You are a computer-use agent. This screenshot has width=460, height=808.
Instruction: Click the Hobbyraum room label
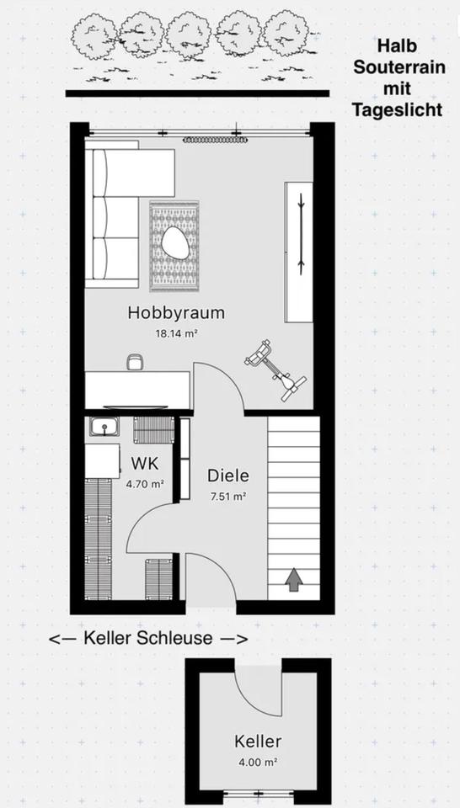176,313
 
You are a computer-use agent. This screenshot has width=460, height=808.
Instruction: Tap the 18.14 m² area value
177,333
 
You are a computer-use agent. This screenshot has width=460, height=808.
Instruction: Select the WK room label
145,463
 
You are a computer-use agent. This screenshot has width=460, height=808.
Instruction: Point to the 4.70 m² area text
145,484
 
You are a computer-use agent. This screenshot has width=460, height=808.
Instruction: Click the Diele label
228,476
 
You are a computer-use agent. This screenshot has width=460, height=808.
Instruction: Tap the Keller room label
258,742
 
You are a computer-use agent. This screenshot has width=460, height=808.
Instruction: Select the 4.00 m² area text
259,763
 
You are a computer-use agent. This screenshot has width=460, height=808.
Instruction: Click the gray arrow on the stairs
294,579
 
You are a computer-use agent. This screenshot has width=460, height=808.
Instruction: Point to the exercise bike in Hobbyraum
275,369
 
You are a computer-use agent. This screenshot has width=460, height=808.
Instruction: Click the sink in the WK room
104,427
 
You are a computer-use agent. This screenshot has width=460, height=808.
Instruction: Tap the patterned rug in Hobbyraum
174,247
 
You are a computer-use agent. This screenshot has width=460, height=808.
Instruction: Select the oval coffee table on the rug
175,244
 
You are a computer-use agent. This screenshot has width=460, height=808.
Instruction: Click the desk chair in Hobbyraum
134,361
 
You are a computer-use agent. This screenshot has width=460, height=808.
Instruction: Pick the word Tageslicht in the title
397,109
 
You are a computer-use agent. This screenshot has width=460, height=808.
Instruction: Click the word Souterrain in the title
399,67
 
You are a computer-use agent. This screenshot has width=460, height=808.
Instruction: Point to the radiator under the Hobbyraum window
216,140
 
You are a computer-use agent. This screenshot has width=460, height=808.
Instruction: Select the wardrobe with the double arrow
299,252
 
